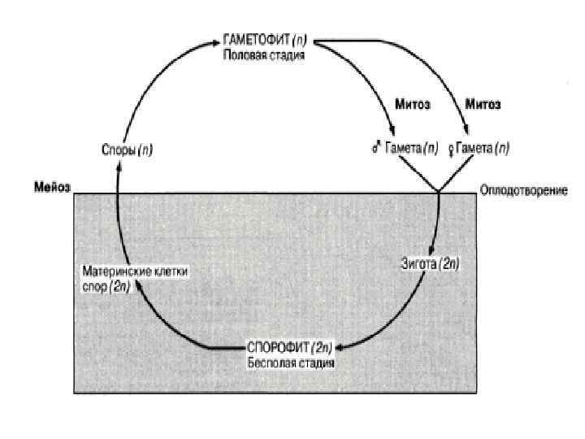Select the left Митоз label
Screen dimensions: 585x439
(413, 105)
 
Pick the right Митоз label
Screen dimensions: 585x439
(482, 105)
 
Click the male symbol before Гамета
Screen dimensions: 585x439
(377, 149)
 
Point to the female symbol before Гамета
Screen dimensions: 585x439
(451, 149)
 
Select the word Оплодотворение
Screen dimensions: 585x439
(523, 191)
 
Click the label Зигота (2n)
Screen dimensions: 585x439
(430, 263)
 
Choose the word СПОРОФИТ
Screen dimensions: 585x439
(275, 349)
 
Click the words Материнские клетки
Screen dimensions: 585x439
(134, 273)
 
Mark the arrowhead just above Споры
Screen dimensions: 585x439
(118, 166)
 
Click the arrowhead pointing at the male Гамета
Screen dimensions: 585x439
(392, 133)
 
